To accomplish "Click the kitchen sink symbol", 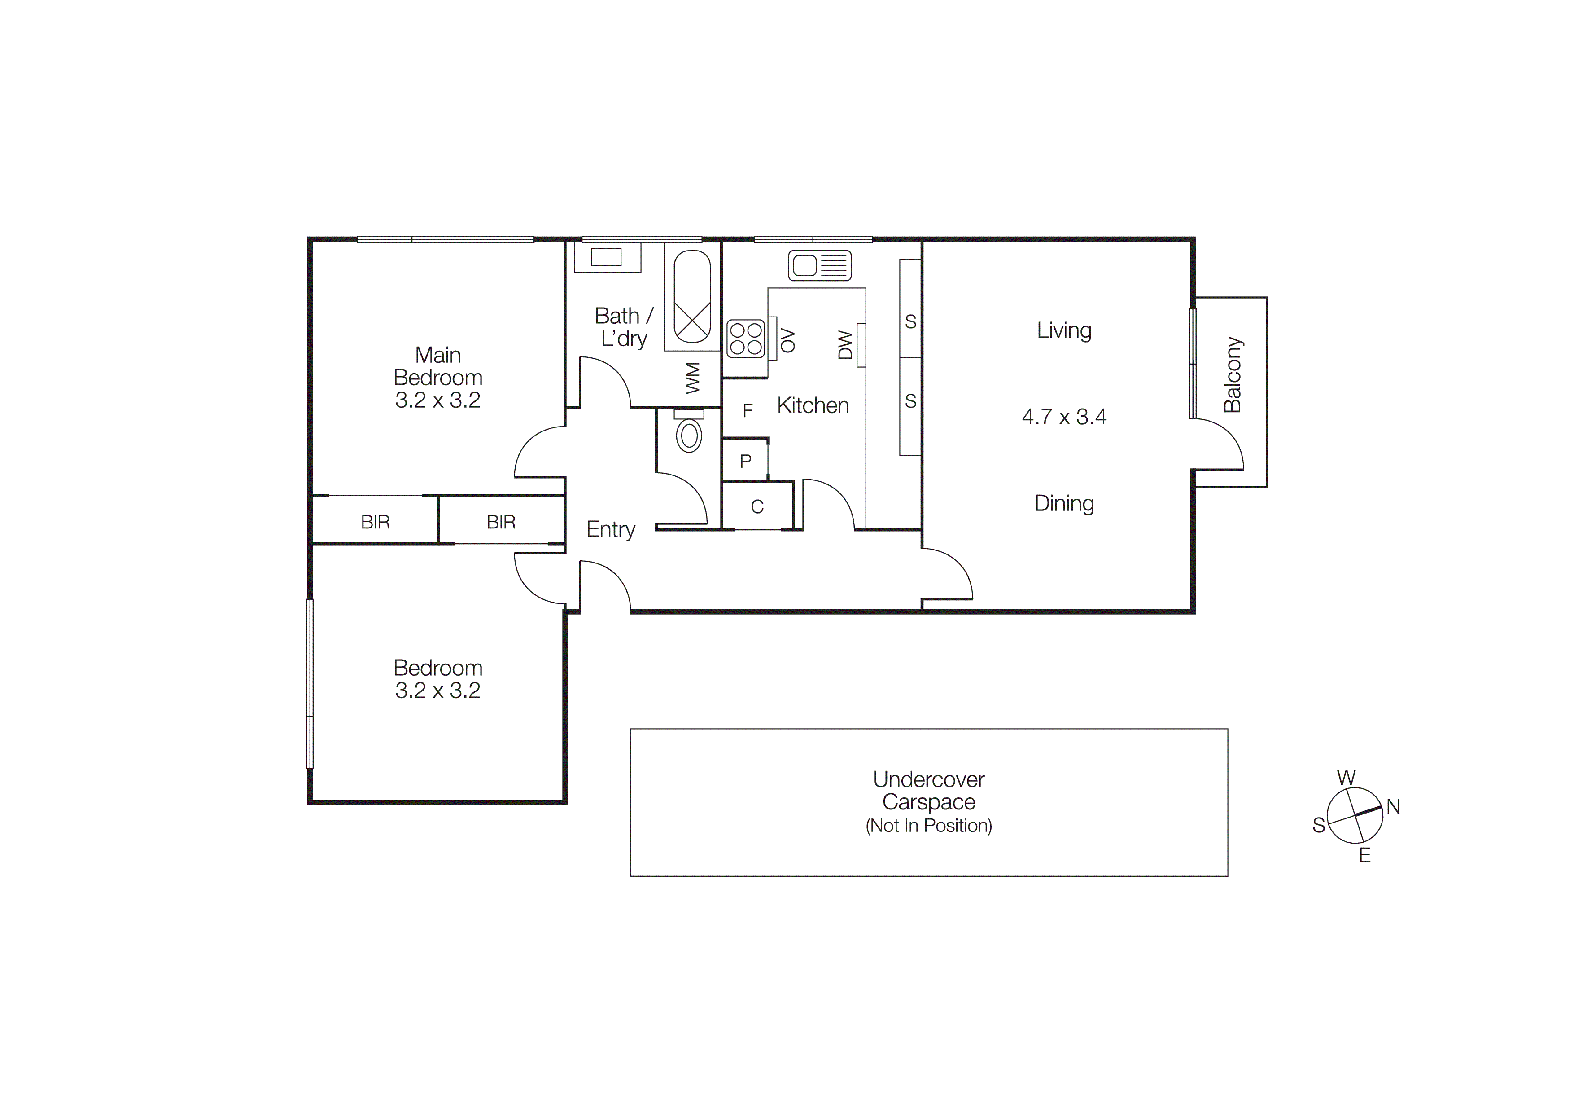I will tap(819, 265).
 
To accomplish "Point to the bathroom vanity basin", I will tap(606, 257).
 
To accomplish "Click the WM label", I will tap(693, 378).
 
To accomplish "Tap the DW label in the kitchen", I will tap(845, 345).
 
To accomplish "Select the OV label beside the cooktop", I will tap(788, 340).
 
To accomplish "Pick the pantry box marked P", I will tap(746, 461).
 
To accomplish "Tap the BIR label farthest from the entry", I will tap(375, 522).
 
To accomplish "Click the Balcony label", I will tap(1232, 374).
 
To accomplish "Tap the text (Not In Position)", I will tap(928, 826).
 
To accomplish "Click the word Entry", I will tap(610, 529).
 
